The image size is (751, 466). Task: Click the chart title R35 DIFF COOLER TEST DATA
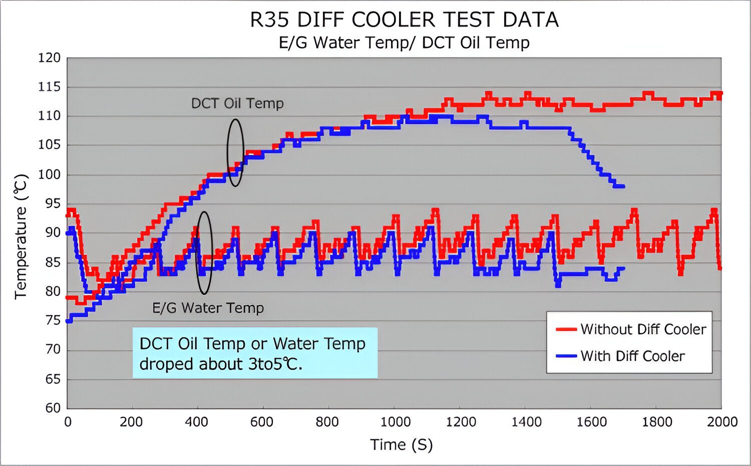[x=404, y=20]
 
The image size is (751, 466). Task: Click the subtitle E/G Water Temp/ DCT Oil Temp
[x=404, y=43]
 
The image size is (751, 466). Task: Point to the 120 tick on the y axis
[x=49, y=58]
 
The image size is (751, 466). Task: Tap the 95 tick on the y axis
[x=49, y=203]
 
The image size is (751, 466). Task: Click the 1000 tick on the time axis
[x=395, y=422]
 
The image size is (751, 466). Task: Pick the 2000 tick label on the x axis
[x=722, y=422]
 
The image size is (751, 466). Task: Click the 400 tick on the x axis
[x=196, y=422]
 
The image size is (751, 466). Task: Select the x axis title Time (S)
[x=401, y=444]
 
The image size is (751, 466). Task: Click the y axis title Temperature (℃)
[x=21, y=236]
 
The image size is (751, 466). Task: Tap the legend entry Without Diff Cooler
[x=643, y=329]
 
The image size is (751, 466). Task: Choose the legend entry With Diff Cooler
[x=632, y=356]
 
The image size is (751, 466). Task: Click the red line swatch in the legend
[x=566, y=329]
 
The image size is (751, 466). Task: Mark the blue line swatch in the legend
[x=566, y=356]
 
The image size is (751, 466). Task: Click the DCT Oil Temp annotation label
[x=237, y=103]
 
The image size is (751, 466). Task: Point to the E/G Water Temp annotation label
[x=208, y=308]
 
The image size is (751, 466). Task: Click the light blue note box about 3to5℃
[x=255, y=353]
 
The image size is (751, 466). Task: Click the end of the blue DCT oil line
[x=623, y=186]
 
